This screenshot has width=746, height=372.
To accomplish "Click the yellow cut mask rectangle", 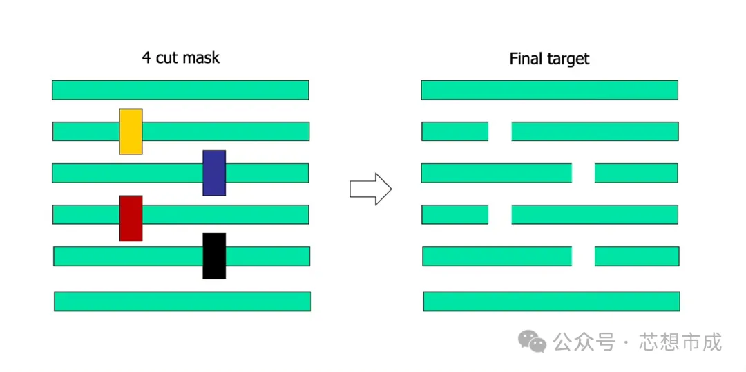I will pyautogui.click(x=131, y=131).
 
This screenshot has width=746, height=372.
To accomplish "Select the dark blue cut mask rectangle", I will pyautogui.click(x=214, y=173).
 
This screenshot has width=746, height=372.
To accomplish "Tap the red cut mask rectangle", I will pyautogui.click(x=131, y=218).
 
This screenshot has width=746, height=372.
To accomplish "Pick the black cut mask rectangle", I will pyautogui.click(x=214, y=256).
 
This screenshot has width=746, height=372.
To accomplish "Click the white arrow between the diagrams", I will pyautogui.click(x=370, y=189).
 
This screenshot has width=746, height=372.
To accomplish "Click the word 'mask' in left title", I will pyautogui.click(x=200, y=57).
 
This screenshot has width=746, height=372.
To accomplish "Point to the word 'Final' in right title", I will pyautogui.click(x=526, y=59).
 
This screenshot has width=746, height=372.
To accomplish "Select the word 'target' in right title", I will pyautogui.click(x=568, y=59).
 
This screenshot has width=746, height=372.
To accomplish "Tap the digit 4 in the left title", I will pyautogui.click(x=146, y=57).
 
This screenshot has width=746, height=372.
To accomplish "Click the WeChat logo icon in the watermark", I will pyautogui.click(x=533, y=341).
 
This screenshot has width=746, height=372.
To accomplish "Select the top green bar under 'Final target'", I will pyautogui.click(x=549, y=90).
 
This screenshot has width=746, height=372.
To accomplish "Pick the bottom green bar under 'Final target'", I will pyautogui.click(x=551, y=301).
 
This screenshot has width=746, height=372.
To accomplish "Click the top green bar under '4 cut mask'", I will pyautogui.click(x=180, y=90).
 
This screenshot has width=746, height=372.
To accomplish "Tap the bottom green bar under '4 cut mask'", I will pyautogui.click(x=182, y=301).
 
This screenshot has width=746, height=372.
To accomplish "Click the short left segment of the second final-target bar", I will pyautogui.click(x=455, y=131).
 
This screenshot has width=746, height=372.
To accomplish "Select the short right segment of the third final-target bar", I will pyautogui.click(x=636, y=173).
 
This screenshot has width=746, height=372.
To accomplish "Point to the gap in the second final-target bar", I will pyautogui.click(x=500, y=131).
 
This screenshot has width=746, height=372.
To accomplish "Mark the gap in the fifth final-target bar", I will pyautogui.click(x=583, y=256).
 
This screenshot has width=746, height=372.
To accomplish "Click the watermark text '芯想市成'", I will pyautogui.click(x=680, y=342).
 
